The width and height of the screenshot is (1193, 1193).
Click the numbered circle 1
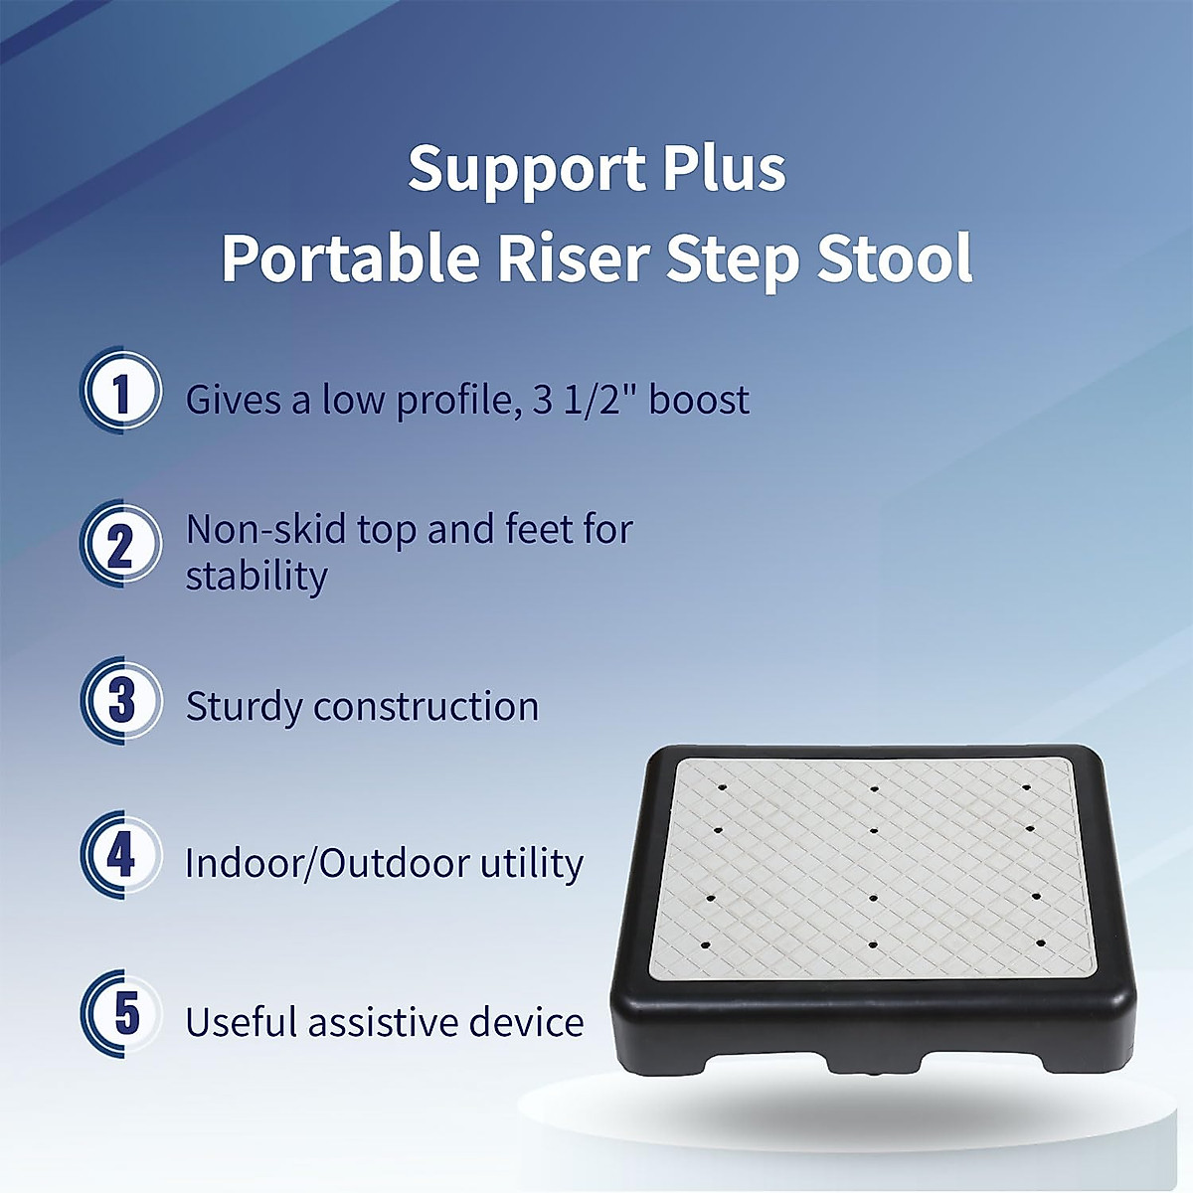pos(121,392)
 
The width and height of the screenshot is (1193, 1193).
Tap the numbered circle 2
pos(121,546)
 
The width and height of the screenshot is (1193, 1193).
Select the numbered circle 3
pos(121,701)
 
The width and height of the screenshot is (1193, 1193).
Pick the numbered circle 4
pos(121,855)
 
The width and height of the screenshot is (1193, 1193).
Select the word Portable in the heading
pos(351,259)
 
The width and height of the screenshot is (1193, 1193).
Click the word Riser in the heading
pos(573,259)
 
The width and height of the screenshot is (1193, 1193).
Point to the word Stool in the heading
pos(895,259)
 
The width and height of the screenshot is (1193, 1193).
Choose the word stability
pos(256,577)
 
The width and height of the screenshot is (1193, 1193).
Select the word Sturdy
pos(244,708)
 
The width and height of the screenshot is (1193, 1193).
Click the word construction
pos(426,707)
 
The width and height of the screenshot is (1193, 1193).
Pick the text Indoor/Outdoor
pos(327,863)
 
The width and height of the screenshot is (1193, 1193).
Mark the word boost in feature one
pos(699,400)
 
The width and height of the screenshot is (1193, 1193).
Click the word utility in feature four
pos(532,863)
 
